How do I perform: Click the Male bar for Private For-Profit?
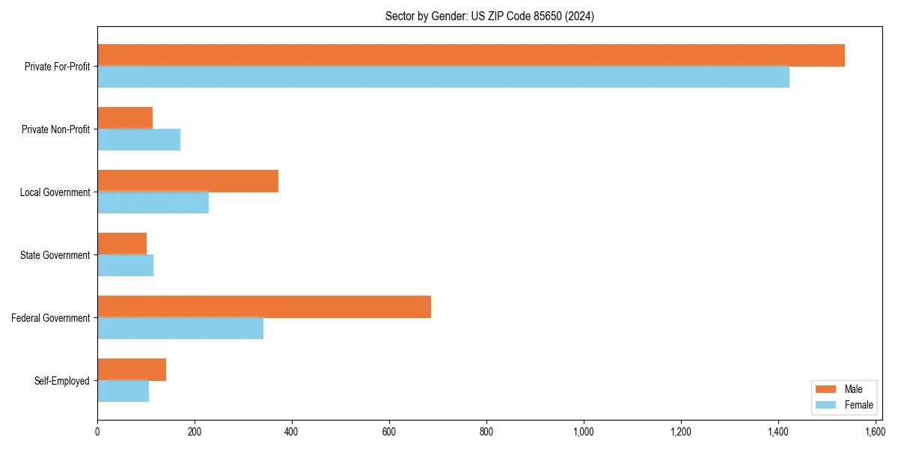click(x=471, y=55)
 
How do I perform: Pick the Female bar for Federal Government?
click(x=180, y=328)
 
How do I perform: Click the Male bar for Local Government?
click(x=188, y=181)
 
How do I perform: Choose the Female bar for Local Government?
click(x=153, y=203)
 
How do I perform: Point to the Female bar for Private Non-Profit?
click(x=138, y=140)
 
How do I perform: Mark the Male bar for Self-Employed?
click(x=132, y=370)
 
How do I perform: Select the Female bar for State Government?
click(x=125, y=266)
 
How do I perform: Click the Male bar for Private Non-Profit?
click(x=125, y=118)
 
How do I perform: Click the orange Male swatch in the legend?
click(x=825, y=389)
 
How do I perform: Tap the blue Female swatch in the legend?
click(x=825, y=405)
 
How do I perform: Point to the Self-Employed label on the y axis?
click(x=62, y=381)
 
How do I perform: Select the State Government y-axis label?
click(x=55, y=255)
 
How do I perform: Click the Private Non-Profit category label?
click(x=55, y=129)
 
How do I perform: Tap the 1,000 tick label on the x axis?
click(x=583, y=432)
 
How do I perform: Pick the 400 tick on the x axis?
click(x=292, y=432)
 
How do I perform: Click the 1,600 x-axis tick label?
click(x=875, y=432)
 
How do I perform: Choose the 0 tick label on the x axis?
click(x=97, y=432)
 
